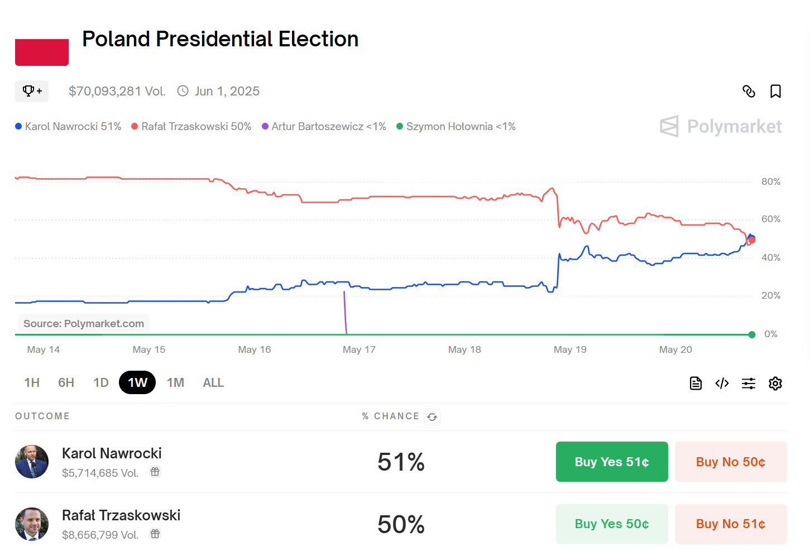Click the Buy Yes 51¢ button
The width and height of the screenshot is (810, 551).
point(612,462)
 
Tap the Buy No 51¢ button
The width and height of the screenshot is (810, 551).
point(730,524)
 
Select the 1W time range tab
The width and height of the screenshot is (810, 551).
point(137,383)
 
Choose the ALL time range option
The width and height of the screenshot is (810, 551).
point(213,383)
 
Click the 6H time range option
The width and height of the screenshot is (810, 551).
point(66,383)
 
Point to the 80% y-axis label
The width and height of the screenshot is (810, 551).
point(770,182)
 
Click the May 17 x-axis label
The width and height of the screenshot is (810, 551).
point(359,350)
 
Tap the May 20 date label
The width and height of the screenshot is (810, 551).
point(675,350)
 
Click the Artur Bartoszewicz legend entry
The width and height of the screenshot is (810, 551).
point(324,127)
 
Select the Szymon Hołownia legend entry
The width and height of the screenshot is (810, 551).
point(456,127)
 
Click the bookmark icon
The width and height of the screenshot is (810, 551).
point(775,92)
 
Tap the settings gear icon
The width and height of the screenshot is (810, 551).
point(775,384)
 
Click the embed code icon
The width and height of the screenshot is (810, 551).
point(722,384)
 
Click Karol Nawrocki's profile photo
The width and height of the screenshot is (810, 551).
point(32,462)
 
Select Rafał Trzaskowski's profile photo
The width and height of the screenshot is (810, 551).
point(32,524)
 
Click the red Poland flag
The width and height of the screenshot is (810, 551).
point(42,52)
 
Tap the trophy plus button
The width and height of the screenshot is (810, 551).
point(32,91)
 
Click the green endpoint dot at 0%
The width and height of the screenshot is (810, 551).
point(752,334)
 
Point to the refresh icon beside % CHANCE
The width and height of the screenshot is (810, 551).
point(432,417)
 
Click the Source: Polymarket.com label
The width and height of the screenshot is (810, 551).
point(84,324)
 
